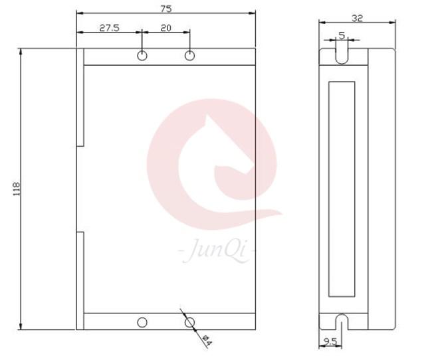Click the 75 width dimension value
tap(166, 9)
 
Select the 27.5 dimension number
tap(110, 28)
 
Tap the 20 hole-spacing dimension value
tap(165, 28)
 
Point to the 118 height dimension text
tap(17, 189)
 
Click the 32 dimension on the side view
tap(358, 18)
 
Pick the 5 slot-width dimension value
tap(342, 35)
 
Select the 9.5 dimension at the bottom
tap(330, 342)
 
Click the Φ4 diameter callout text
tap(207, 340)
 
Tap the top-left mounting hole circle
tap(142, 56)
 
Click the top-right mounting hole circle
tap(189, 56)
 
